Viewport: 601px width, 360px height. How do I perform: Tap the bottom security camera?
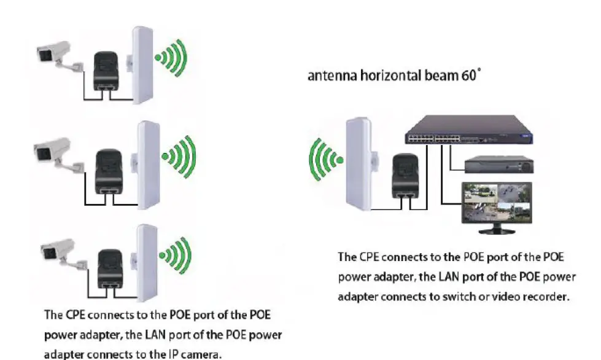coord(56,249)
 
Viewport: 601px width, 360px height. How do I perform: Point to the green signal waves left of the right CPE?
coord(325,160)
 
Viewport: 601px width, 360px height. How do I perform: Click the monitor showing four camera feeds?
coord(498,206)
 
